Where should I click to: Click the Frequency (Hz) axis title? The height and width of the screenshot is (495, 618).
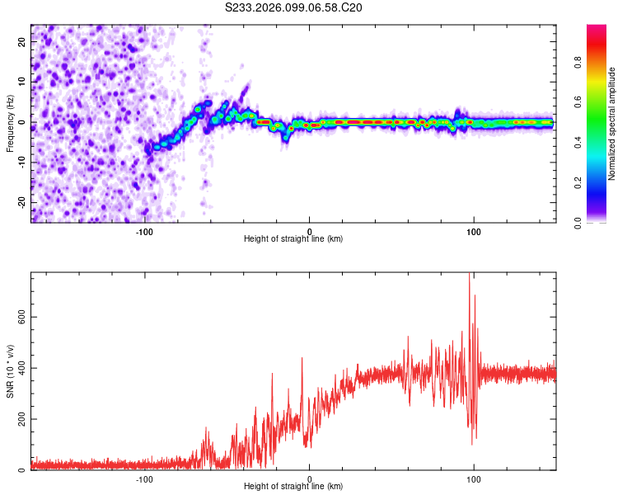[x=10, y=124]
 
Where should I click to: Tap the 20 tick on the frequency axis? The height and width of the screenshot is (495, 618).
[x=22, y=44]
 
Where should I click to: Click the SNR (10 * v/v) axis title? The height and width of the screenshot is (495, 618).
[x=10, y=371]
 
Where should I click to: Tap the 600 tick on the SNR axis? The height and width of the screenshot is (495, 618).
[x=22, y=316]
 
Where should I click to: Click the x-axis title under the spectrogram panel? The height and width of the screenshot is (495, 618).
[x=293, y=239]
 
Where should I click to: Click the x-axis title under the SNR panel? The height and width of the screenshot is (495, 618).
[x=293, y=487]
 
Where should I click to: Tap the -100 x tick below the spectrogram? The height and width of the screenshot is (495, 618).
[x=145, y=231]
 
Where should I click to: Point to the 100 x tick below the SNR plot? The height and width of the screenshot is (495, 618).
[x=474, y=478]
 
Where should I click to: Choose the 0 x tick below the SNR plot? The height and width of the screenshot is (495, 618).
[x=309, y=478]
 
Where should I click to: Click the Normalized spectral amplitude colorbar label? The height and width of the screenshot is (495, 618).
[x=612, y=124]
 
